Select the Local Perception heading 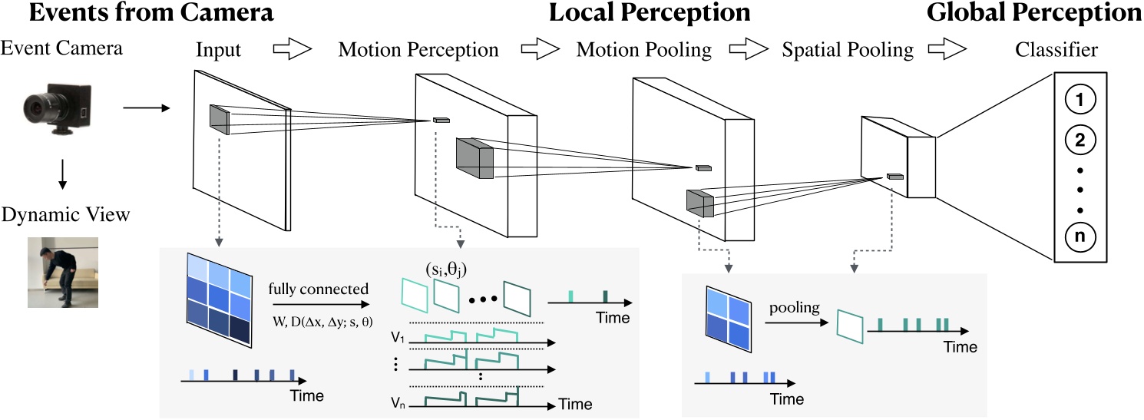point(650,13)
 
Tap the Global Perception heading point(1033,13)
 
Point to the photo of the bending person point(64,273)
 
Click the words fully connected point(319,290)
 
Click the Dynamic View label point(65,215)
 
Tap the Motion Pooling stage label point(643,51)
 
